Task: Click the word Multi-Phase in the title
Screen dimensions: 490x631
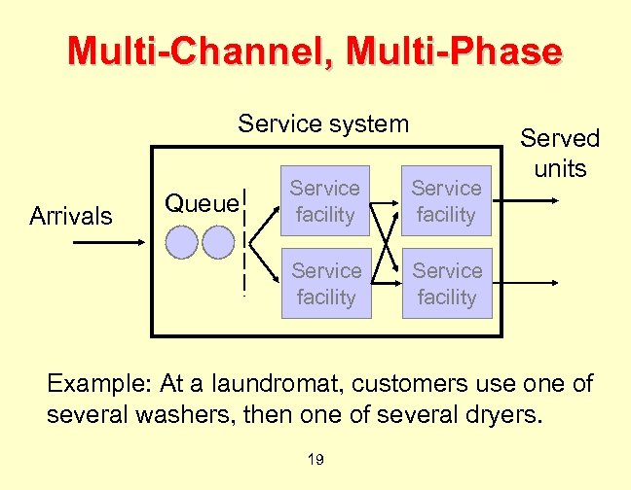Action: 459,51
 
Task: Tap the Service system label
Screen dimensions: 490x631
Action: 324,124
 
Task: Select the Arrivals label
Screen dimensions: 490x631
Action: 71,216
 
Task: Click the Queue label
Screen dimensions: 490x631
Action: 201,203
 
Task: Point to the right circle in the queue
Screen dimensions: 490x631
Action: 218,241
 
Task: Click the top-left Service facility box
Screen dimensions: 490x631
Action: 325,201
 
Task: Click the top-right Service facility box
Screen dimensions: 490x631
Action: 446,201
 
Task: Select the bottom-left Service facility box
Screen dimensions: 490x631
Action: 325,284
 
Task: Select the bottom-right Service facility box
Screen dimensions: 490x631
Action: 446,284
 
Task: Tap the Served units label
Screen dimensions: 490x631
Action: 560,153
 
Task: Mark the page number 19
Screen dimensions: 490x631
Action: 315,459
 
